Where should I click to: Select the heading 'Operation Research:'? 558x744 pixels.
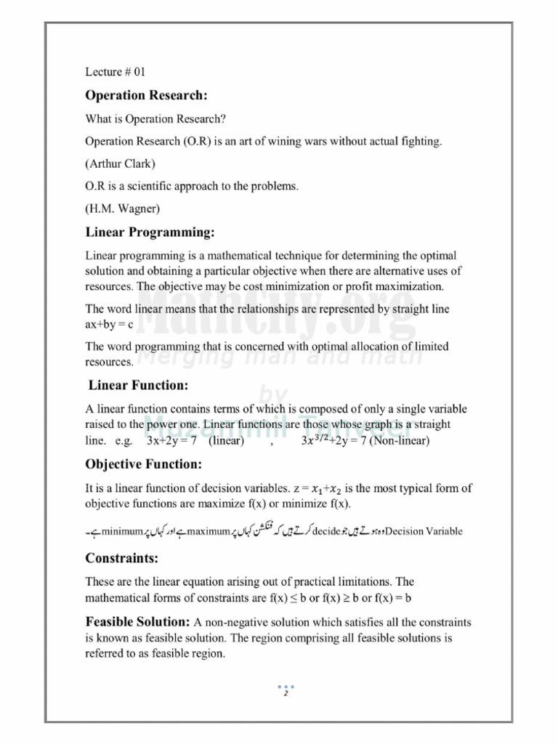pos(147,95)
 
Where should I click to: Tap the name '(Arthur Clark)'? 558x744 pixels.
pos(120,163)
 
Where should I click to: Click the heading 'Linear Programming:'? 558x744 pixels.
pos(150,232)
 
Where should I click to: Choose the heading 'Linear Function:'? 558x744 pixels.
pos(138,384)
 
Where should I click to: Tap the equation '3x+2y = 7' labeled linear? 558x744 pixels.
pos(175,440)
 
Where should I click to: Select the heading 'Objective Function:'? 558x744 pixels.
pos(144,464)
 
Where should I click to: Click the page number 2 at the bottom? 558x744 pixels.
pos(286,693)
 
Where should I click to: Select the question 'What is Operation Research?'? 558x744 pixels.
pos(155,118)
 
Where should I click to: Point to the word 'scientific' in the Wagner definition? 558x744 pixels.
pos(152,186)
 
